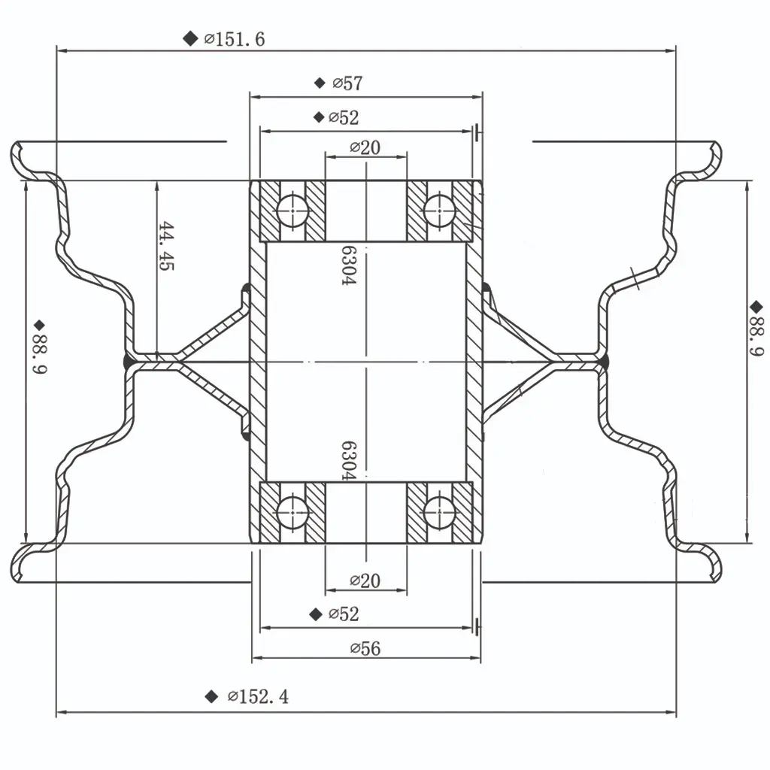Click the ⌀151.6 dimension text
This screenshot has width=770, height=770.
[x=235, y=39]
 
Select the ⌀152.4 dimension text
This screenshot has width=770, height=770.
[x=257, y=697]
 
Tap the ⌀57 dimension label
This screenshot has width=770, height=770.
[x=347, y=83]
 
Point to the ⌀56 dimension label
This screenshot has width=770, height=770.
[x=365, y=648]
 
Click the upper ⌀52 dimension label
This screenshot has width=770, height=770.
[x=344, y=117]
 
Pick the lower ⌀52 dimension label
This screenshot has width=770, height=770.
[x=344, y=614]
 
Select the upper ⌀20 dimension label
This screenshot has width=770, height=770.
[x=365, y=147]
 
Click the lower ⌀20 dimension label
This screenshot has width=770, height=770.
[x=365, y=581]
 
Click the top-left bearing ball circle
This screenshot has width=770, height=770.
[x=293, y=211]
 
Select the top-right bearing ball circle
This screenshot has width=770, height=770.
[x=440, y=211]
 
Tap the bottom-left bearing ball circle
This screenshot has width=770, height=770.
[x=293, y=514]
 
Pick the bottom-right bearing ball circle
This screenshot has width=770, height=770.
[x=440, y=514]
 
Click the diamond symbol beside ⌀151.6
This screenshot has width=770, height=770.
[x=189, y=39]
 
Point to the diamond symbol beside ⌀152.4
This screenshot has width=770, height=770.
[x=211, y=697]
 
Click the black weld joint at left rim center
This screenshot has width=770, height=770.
[x=129, y=363]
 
